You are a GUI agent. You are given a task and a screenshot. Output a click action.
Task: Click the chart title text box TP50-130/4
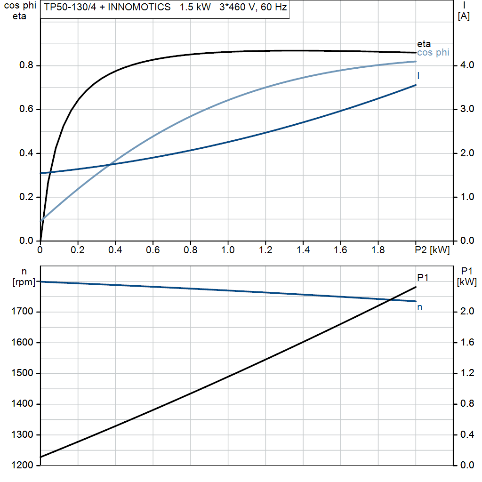coord(165,8)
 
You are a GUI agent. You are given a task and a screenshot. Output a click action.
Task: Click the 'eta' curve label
coord(424,44)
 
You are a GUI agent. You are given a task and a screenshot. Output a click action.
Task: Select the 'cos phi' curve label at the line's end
coord(433,53)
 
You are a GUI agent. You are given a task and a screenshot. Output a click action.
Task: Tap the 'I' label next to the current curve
coord(418,76)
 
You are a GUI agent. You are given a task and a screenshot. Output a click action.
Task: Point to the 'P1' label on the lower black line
coord(423,278)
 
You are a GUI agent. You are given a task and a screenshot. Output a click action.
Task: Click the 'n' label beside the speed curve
coord(419,307)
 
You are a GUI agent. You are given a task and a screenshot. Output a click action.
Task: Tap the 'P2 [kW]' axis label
coord(432,250)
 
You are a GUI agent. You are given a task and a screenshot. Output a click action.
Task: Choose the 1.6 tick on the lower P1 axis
coord(467,342)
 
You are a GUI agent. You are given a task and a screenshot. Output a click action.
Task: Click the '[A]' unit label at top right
coord(464,16)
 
